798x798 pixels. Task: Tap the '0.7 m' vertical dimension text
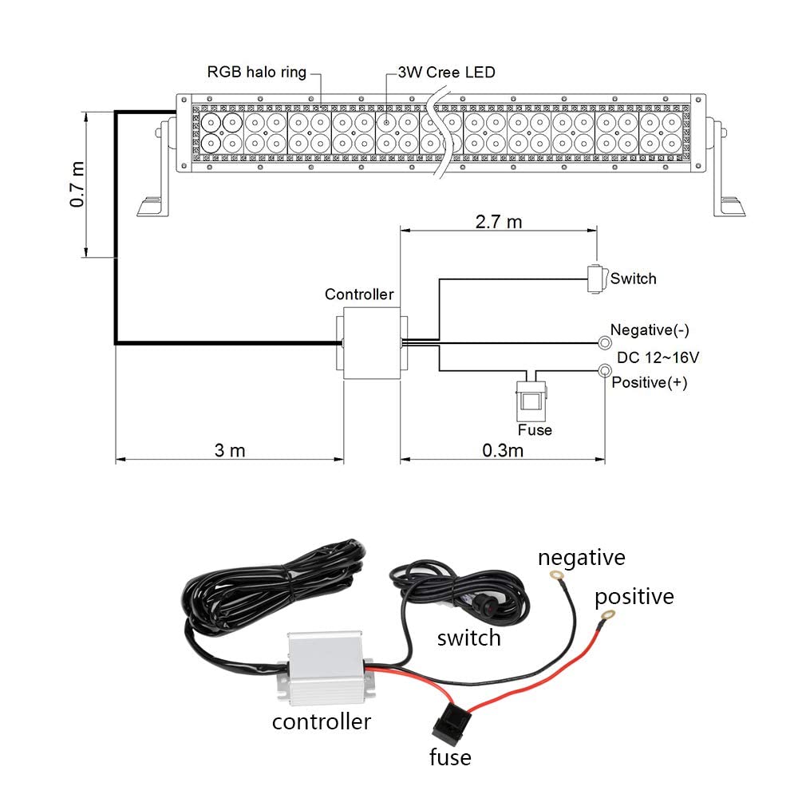pyautogui.click(x=77, y=184)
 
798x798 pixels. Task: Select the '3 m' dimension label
pyautogui.click(x=230, y=450)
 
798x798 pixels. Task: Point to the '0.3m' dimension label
pyautogui.click(x=503, y=450)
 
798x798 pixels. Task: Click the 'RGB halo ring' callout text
pyautogui.click(x=256, y=73)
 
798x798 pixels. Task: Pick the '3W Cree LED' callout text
pyautogui.click(x=447, y=73)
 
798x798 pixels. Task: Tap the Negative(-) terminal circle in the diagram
pyautogui.click(x=604, y=342)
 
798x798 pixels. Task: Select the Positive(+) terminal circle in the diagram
pyautogui.click(x=604, y=370)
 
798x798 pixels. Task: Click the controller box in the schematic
pyautogui.click(x=371, y=343)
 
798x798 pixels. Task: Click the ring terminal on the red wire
pyautogui.click(x=609, y=615)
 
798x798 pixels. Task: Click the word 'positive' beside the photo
pyautogui.click(x=634, y=596)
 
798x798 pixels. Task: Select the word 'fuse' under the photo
pyautogui.click(x=450, y=757)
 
